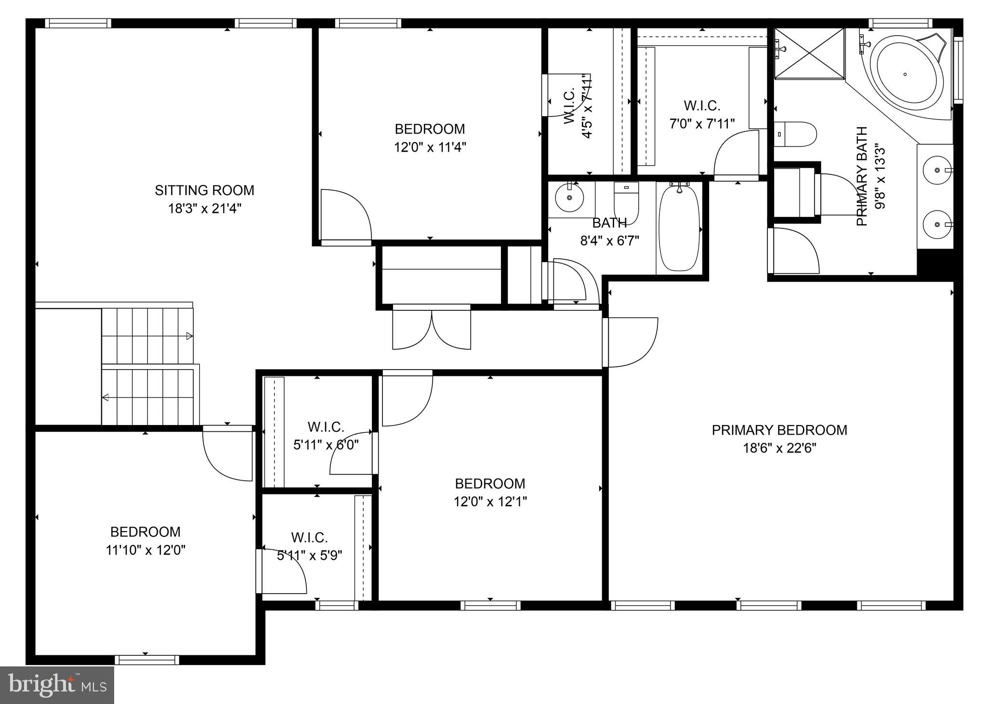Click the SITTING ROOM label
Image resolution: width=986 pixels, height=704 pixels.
204,190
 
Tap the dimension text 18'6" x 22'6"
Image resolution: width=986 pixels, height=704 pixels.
779,449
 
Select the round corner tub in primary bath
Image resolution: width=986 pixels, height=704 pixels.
906,74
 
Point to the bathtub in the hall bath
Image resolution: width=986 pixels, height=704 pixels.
679,228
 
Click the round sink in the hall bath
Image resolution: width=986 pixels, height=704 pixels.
569,197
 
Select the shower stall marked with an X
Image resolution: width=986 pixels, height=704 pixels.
809,53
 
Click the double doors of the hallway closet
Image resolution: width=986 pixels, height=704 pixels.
432,328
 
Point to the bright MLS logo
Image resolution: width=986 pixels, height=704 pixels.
57,685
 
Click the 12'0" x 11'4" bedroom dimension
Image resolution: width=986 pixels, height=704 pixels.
430,147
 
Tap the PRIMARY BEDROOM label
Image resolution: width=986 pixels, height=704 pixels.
779,430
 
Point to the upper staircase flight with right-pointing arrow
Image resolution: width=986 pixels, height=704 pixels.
147,336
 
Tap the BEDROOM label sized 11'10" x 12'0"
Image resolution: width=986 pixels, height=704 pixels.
145,532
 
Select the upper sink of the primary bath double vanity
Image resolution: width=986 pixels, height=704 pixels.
937,170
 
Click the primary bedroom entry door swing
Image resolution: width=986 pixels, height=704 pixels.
631,342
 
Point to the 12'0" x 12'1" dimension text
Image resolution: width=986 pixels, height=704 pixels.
490,502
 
